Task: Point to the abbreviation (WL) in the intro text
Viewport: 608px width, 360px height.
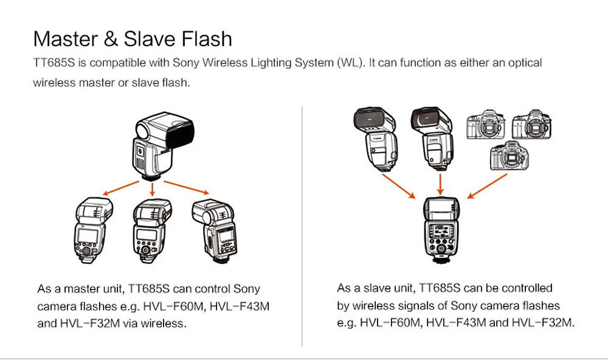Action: tap(349, 63)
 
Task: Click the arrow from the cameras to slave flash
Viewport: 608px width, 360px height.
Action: tap(488, 186)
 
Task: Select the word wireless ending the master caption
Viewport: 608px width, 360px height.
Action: tap(162, 324)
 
